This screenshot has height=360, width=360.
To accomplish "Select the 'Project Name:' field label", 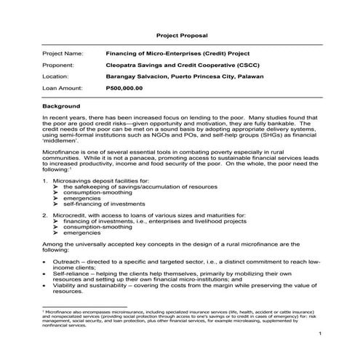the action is (x=63, y=53).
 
